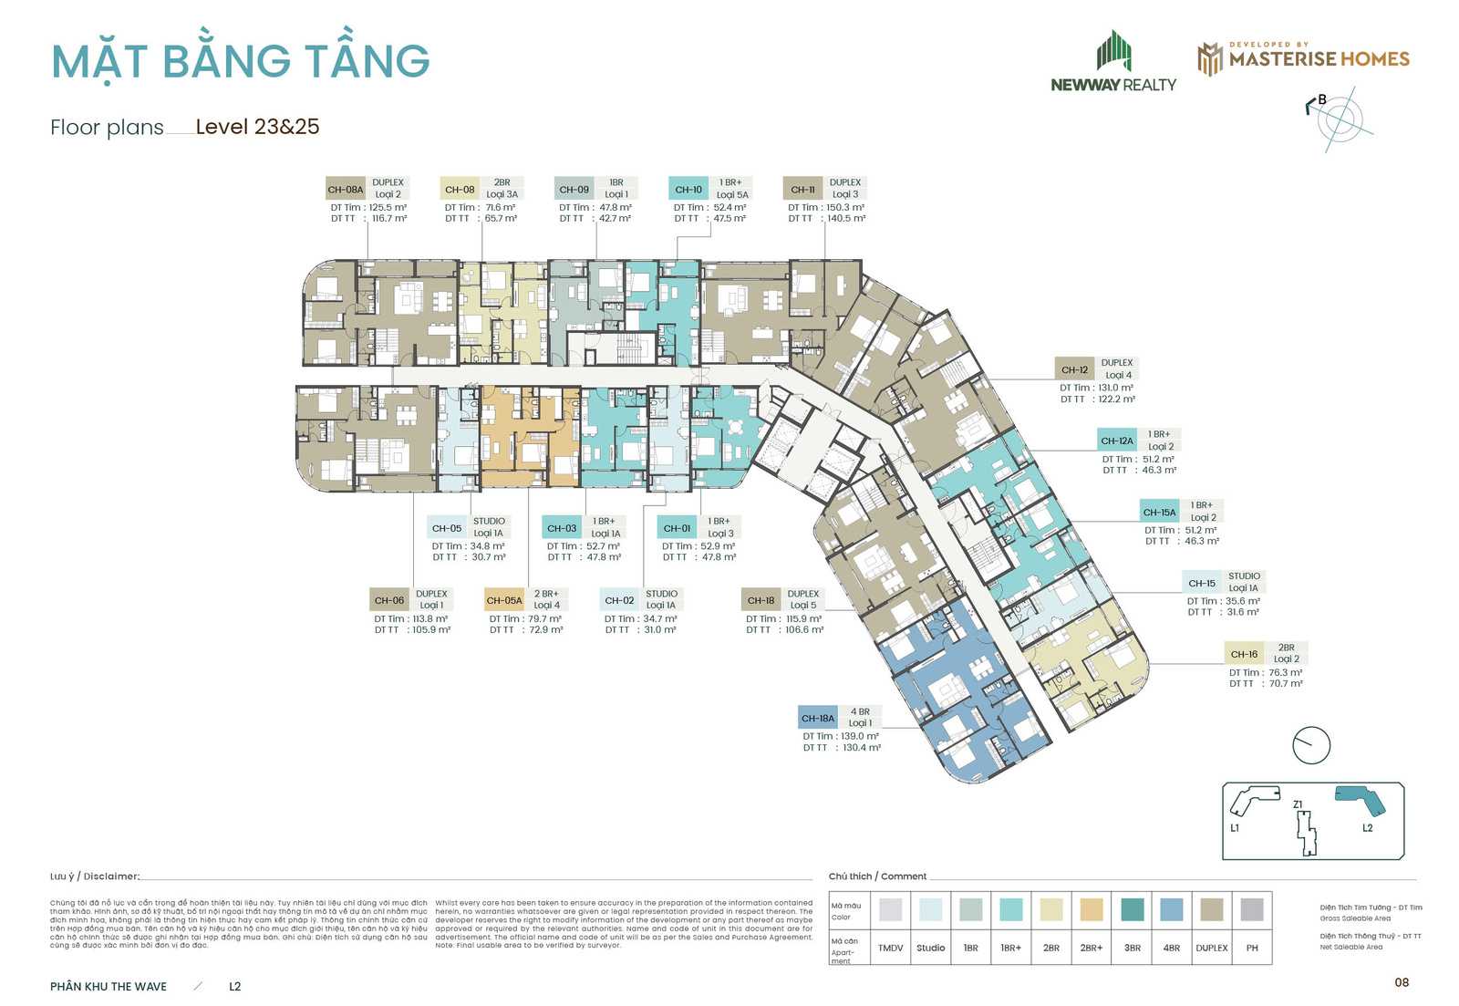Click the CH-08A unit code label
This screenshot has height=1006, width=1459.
tap(345, 190)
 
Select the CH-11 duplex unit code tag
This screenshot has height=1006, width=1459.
tap(802, 190)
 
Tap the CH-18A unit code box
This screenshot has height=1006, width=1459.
tap(817, 718)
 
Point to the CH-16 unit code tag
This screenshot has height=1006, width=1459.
tap(1244, 654)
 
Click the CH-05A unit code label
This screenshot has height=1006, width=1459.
tap(504, 600)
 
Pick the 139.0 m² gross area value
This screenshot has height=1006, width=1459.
tap(859, 736)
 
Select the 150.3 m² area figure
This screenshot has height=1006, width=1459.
tap(844, 208)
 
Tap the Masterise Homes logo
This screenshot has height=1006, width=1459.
tap(1303, 58)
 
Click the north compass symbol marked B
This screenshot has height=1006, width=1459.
tap(1338, 117)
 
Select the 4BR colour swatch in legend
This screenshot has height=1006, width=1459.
tap(1172, 909)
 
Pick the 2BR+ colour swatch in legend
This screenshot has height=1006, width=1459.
tap(1092, 909)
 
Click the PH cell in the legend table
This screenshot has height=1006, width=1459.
tap(1252, 948)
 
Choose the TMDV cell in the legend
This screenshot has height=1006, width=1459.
tap(890, 948)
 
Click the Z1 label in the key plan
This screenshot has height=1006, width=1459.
tap(1298, 804)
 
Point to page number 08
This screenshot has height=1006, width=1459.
tap(1402, 982)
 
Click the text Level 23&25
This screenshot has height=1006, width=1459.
tap(257, 127)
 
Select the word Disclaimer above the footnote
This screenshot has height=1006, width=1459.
tap(111, 876)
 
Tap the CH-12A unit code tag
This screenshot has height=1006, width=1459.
tap(1116, 441)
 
